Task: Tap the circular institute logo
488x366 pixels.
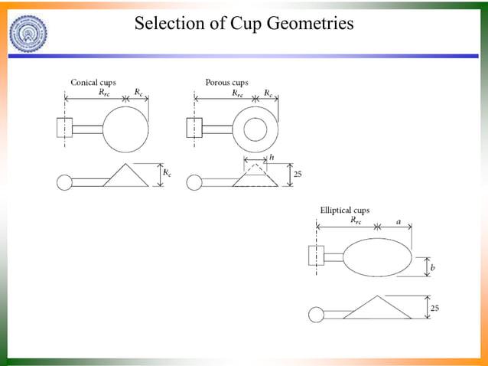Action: pyautogui.click(x=29, y=33)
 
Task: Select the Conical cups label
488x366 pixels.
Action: pyautogui.click(x=93, y=83)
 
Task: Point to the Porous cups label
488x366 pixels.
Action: pyautogui.click(x=226, y=83)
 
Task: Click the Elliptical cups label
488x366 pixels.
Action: pyautogui.click(x=344, y=210)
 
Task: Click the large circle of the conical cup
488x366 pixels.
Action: pyautogui.click(x=125, y=129)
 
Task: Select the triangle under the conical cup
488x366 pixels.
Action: pyautogui.click(x=125, y=175)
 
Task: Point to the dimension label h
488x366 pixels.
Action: pyautogui.click(x=271, y=157)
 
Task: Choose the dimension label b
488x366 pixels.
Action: pyautogui.click(x=433, y=267)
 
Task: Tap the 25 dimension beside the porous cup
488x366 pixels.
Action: pyautogui.click(x=298, y=175)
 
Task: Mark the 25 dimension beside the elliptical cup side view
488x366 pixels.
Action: pyautogui.click(x=435, y=307)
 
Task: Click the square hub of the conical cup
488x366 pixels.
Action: pyautogui.click(x=64, y=128)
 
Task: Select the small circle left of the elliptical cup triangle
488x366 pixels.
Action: pyautogui.click(x=315, y=314)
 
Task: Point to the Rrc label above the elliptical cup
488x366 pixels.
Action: pyautogui.click(x=356, y=221)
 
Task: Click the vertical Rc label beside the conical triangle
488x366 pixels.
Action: pyautogui.click(x=168, y=174)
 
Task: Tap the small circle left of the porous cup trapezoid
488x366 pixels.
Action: pyautogui.click(x=194, y=182)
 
